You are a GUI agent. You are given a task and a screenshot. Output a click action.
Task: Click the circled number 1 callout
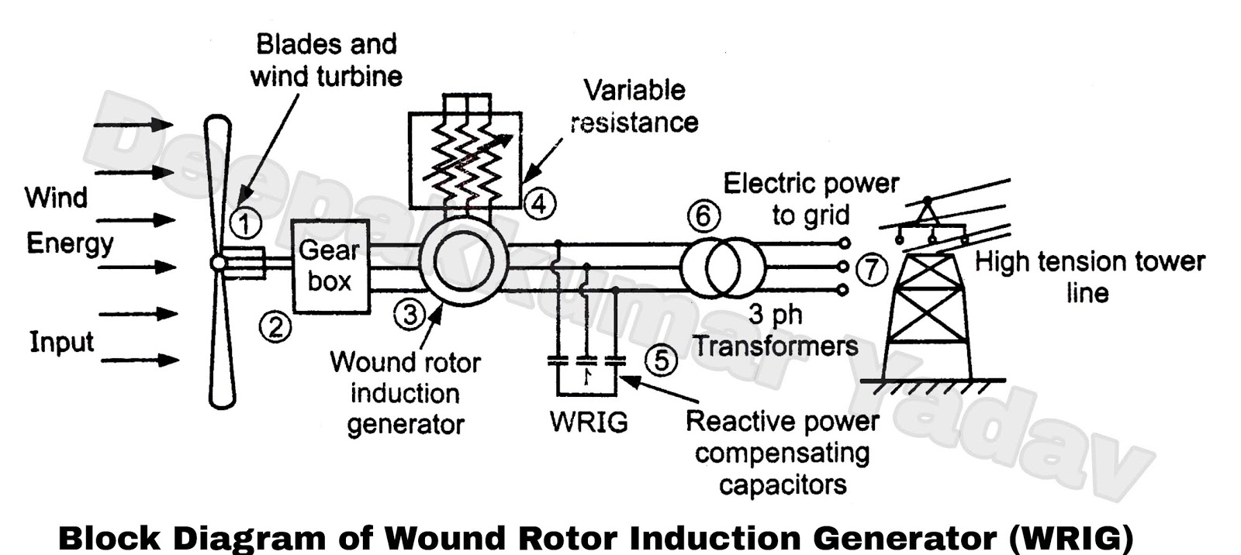tap(246, 224)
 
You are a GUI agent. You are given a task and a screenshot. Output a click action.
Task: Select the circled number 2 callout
tap(275, 327)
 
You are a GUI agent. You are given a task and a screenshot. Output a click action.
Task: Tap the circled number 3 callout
tap(410, 314)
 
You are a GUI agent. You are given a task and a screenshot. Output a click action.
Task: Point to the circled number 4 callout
tap(539, 204)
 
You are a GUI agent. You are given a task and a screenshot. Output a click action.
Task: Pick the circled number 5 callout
tap(661, 360)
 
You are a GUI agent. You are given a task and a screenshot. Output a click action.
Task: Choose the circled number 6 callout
tap(703, 215)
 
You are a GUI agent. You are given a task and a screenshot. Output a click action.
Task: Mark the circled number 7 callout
tap(872, 269)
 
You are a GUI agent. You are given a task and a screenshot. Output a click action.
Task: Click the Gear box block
tap(330, 266)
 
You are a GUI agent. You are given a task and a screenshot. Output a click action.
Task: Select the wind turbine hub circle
tap(219, 264)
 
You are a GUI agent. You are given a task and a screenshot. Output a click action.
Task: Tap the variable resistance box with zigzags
tap(465, 160)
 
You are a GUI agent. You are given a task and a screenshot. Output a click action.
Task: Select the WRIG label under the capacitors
tap(589, 422)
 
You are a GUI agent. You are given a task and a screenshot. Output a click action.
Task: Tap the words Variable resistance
tap(634, 106)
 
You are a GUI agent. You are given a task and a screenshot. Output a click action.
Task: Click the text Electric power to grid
tap(811, 199)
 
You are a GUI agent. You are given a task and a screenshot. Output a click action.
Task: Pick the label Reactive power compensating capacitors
tap(782, 453)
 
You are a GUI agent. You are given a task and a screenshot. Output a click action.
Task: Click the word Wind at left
tap(56, 198)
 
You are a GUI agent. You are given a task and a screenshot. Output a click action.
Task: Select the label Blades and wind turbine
tap(327, 60)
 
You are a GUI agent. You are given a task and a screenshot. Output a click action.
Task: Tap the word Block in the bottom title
tap(109, 537)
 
